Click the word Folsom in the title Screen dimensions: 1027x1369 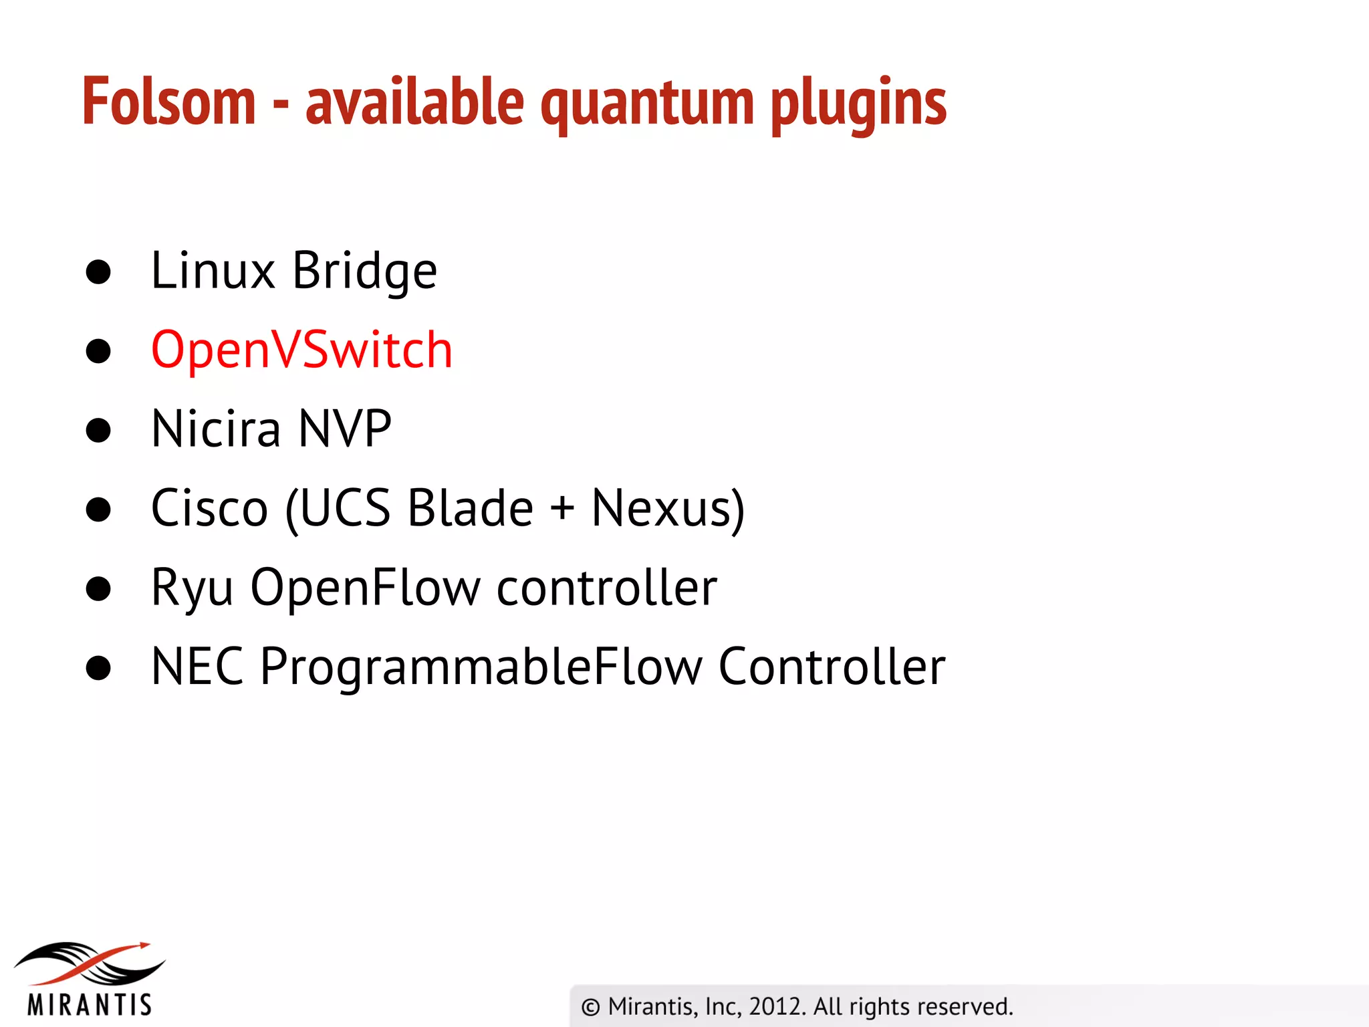pos(169,102)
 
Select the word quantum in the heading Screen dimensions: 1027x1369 pos(647,104)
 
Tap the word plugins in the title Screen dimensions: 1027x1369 pos(858,104)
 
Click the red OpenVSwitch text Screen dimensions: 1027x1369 pos(301,350)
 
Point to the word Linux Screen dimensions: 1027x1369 pos(213,270)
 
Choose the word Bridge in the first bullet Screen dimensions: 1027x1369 pos(364,271)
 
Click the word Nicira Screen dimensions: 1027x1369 pos(216,429)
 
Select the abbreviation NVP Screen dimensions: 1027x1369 pos(344,429)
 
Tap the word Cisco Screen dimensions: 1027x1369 pos(209,508)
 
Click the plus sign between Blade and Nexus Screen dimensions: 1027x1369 pos(562,507)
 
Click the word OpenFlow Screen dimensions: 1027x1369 pos(365,587)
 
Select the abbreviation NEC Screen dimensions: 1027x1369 pos(197,666)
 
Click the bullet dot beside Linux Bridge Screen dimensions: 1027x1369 pos(98,272)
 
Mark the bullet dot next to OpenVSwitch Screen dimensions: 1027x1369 pos(98,351)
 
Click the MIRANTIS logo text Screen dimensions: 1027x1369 pos(90,1004)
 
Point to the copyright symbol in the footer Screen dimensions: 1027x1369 pos(590,1007)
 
